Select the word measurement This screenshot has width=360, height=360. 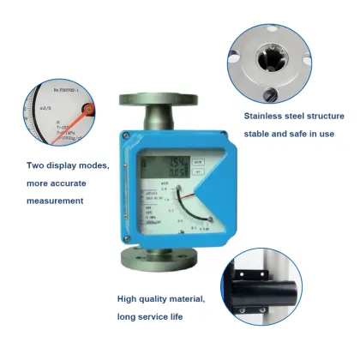tap(55, 201)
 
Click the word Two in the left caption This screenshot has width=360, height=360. tap(35, 165)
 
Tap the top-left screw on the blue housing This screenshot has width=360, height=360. tap(125, 135)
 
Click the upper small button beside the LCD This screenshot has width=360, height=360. tap(198, 160)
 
